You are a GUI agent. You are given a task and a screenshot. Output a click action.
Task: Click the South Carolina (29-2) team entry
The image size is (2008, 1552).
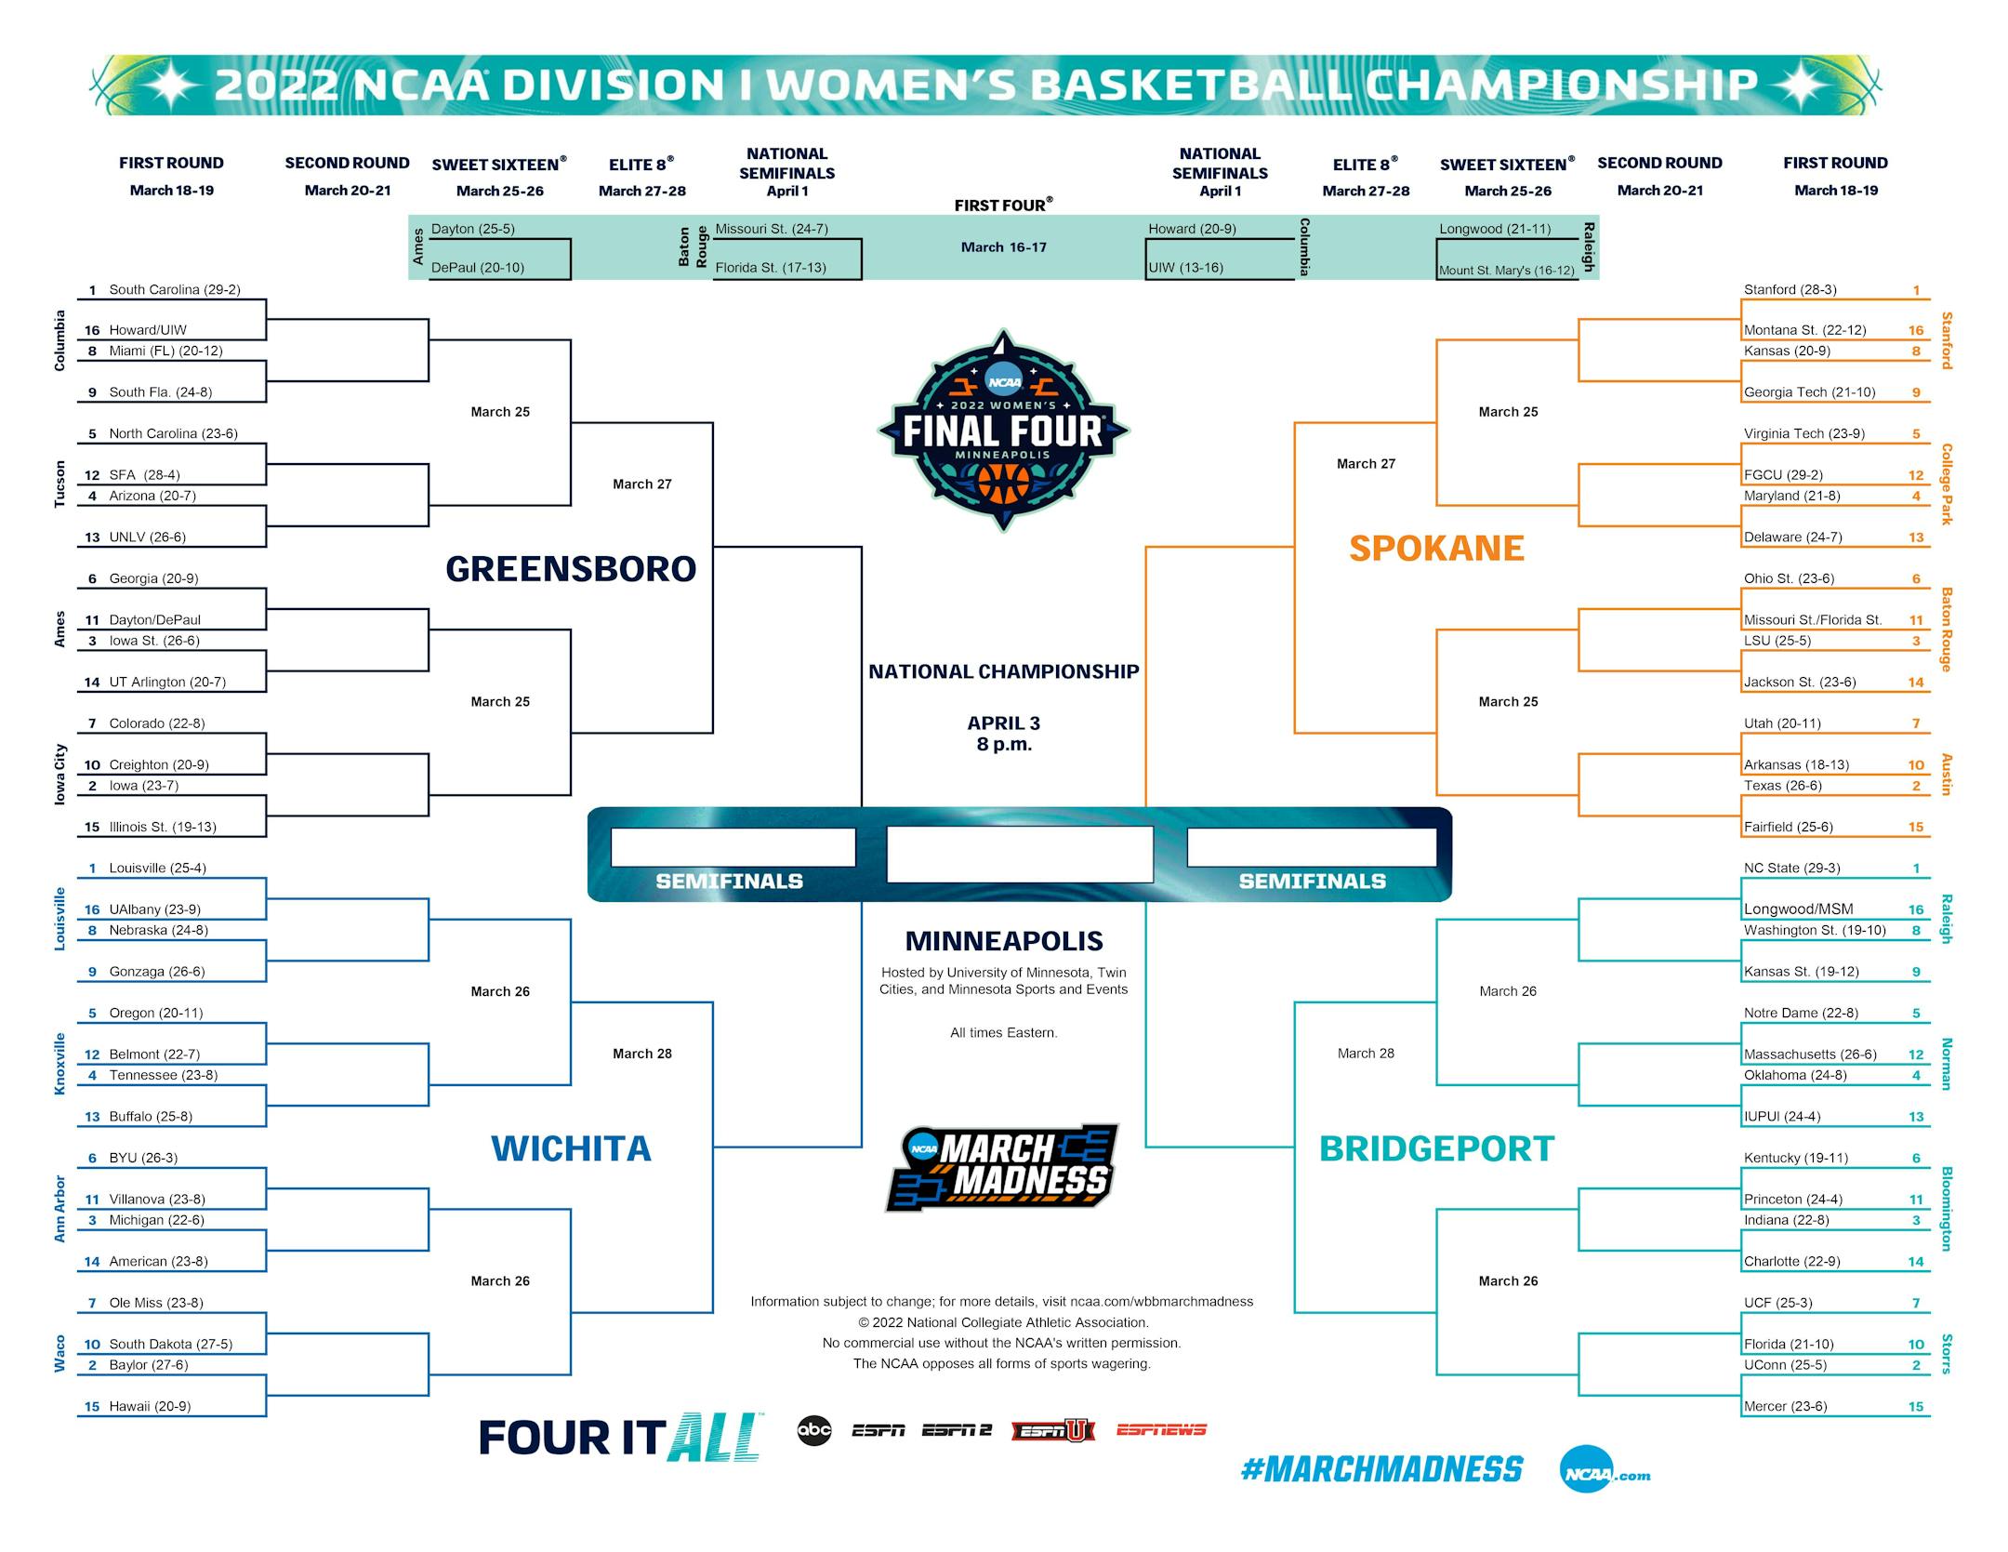(x=175, y=290)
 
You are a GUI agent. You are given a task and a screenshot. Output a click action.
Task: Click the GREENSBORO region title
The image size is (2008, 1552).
(x=571, y=569)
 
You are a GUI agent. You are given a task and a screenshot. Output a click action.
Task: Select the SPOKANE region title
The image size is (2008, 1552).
(x=1436, y=549)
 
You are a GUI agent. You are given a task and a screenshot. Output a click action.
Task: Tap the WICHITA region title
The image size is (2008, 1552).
(x=571, y=1149)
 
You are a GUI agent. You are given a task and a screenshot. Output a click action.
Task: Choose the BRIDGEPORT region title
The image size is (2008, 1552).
(x=1436, y=1149)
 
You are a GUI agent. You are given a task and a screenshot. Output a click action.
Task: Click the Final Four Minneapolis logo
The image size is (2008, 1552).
(x=1003, y=431)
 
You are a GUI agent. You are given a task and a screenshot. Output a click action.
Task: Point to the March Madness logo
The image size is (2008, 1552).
(x=1001, y=1168)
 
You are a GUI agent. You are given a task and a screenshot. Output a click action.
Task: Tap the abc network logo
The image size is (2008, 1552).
(x=814, y=1430)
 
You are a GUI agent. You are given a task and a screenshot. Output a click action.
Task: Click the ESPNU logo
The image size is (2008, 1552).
(x=1053, y=1430)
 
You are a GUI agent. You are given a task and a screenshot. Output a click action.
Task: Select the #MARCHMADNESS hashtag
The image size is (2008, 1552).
(x=1381, y=1469)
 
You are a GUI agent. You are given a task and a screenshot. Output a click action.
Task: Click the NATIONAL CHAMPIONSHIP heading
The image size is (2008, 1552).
(x=1003, y=671)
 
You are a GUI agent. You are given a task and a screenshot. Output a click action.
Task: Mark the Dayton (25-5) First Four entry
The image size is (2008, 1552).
(x=472, y=229)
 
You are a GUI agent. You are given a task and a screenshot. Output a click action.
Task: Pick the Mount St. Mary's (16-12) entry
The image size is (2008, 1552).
(x=1507, y=271)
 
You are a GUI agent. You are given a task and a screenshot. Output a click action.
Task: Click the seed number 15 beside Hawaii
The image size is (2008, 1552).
(x=92, y=1407)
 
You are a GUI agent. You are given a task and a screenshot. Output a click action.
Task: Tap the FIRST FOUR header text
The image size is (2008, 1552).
(x=1003, y=205)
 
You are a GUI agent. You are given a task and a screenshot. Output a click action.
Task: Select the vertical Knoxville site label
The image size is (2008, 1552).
(x=60, y=1064)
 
